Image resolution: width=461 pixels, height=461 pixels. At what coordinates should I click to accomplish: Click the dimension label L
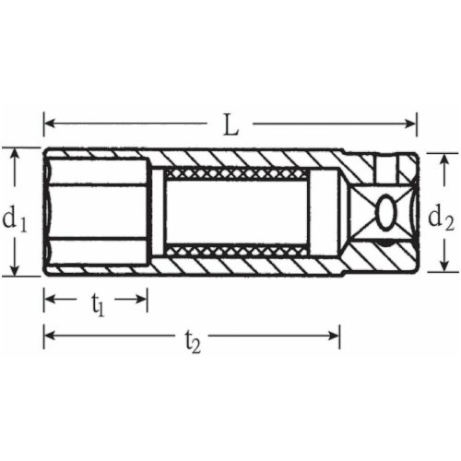[230, 123]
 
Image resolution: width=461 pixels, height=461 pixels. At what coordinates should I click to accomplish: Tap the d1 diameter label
[14, 219]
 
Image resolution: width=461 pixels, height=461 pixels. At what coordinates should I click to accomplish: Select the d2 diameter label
[442, 218]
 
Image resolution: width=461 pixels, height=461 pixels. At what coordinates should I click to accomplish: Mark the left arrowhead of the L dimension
[49, 123]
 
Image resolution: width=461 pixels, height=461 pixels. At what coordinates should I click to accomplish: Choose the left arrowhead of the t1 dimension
[49, 299]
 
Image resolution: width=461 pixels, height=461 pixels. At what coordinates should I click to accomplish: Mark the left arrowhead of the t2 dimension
[49, 334]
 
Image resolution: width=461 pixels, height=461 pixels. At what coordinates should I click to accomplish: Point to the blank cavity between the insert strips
[236, 212]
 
